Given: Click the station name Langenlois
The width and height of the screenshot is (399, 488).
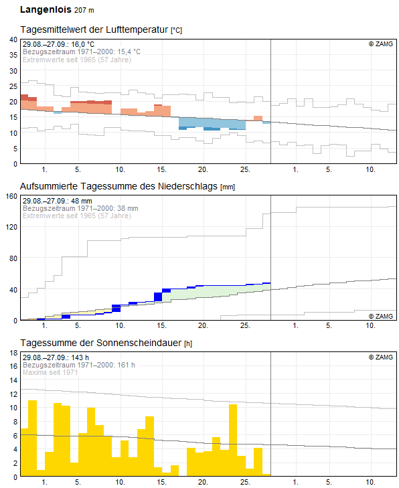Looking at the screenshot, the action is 46,9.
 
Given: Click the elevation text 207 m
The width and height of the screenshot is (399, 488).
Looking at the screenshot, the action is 84,10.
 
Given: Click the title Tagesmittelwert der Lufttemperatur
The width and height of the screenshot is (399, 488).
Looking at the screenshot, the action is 94,29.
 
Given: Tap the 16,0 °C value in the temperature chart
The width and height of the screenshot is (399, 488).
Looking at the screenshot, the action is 82,44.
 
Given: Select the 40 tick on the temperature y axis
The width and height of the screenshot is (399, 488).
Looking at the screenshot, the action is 13,39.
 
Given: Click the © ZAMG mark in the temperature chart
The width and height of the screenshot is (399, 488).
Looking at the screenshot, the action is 381,44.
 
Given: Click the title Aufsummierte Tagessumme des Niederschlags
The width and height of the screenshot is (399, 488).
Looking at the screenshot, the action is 118,186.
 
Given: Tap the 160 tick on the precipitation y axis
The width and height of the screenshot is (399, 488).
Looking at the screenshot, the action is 11,196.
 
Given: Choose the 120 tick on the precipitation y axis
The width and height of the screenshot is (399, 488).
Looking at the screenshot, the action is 11,227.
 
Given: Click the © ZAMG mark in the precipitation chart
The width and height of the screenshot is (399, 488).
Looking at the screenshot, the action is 381,316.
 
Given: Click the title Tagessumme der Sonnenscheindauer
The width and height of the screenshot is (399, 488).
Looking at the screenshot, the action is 101,343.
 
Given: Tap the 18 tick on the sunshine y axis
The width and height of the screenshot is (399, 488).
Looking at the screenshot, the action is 13,353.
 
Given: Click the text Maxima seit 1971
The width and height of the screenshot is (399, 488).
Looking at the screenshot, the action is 50,372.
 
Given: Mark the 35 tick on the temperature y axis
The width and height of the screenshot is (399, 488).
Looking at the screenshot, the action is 13,55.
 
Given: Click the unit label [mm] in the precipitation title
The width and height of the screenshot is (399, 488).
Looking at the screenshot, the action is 228,187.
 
